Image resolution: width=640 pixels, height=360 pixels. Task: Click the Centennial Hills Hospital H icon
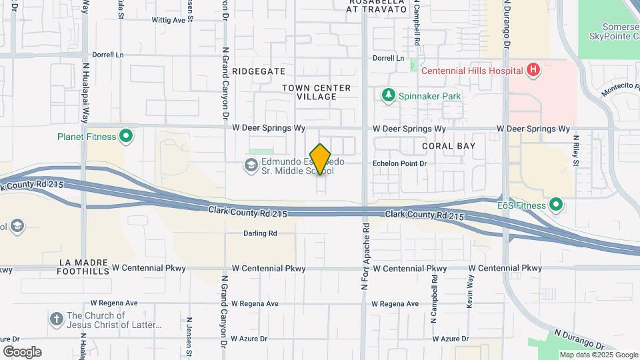click(x=532, y=69)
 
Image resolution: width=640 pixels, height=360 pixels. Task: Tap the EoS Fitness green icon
click(x=555, y=205)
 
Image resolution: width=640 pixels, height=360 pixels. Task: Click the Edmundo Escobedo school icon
click(x=251, y=165)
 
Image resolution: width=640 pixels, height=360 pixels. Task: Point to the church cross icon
click(x=57, y=320)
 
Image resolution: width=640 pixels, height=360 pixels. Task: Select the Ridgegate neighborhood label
click(x=259, y=71)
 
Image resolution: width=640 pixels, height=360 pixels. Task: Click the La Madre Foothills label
click(x=84, y=267)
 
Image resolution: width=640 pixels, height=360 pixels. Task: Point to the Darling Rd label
click(x=260, y=233)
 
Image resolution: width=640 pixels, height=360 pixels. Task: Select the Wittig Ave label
click(x=169, y=21)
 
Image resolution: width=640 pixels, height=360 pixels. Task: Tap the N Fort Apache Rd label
click(x=365, y=257)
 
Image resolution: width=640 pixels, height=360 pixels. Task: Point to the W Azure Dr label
click(x=249, y=339)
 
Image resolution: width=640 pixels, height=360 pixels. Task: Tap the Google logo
click(x=22, y=352)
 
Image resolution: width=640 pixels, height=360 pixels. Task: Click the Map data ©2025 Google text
click(x=598, y=355)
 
